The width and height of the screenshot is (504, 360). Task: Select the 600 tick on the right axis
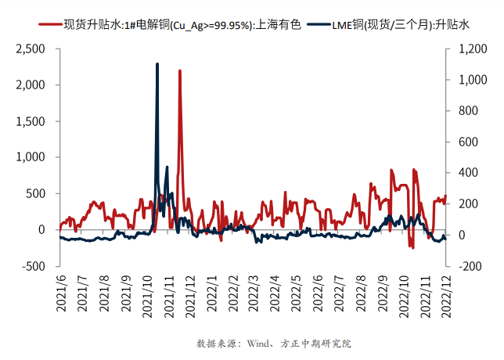click(x=465, y=142)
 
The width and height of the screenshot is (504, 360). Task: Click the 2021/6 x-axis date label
click(x=60, y=292)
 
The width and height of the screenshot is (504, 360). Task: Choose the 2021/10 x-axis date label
click(x=147, y=294)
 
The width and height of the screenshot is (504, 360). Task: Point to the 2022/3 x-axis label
click(x=253, y=292)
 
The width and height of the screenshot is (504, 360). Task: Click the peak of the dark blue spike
click(x=157, y=64)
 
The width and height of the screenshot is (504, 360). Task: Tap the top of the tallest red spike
click(x=180, y=70)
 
